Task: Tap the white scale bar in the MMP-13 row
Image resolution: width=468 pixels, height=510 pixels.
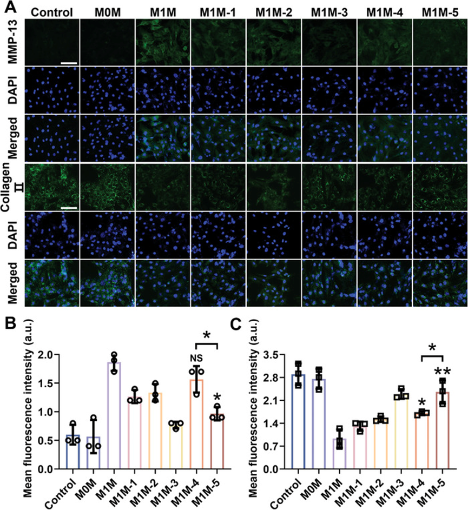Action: [70, 63]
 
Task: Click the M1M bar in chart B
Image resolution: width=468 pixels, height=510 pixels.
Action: [114, 415]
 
